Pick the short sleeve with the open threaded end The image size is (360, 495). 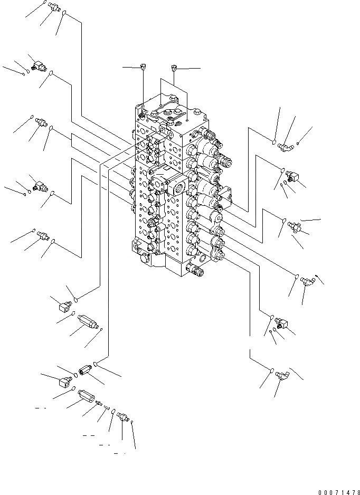click(x=86, y=370)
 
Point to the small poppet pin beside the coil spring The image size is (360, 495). click(x=99, y=403)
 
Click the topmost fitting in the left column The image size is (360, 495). click(x=53, y=7)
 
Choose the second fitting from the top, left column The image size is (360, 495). click(x=38, y=66)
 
